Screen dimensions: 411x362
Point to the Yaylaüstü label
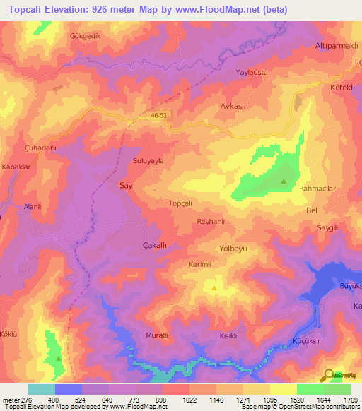250,73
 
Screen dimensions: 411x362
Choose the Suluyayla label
148,161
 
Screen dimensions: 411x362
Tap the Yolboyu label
235,249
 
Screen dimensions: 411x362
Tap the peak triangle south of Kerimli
215,287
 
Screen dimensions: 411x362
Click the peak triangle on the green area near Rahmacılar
284,181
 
